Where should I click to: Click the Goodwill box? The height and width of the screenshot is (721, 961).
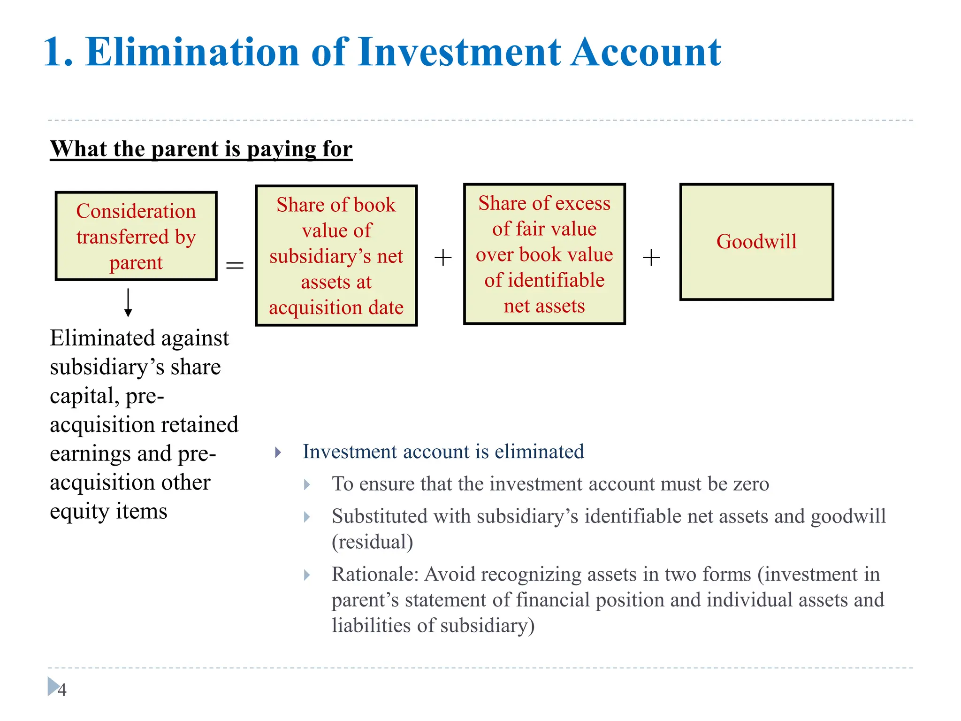pyautogui.click(x=756, y=242)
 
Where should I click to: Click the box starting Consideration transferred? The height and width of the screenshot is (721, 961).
pyautogui.click(x=136, y=236)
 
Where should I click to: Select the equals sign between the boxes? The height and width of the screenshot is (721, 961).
pyautogui.click(x=235, y=265)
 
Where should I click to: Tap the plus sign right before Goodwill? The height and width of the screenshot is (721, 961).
pyautogui.click(x=651, y=258)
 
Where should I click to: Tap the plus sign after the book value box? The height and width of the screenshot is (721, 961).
pyautogui.click(x=442, y=258)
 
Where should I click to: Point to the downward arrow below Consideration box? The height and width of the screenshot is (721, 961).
pyautogui.click(x=128, y=303)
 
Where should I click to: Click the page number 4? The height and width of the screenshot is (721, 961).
pyautogui.click(x=62, y=690)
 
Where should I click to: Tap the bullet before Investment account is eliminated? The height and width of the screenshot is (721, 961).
pyautogui.click(x=278, y=453)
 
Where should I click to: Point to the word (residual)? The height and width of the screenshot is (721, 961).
pyautogui.click(x=373, y=542)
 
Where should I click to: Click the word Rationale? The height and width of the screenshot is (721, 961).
pyautogui.click(x=374, y=574)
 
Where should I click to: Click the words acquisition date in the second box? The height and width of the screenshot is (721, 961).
pyautogui.click(x=336, y=308)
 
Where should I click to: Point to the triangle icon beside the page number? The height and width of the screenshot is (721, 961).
pyautogui.click(x=53, y=686)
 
